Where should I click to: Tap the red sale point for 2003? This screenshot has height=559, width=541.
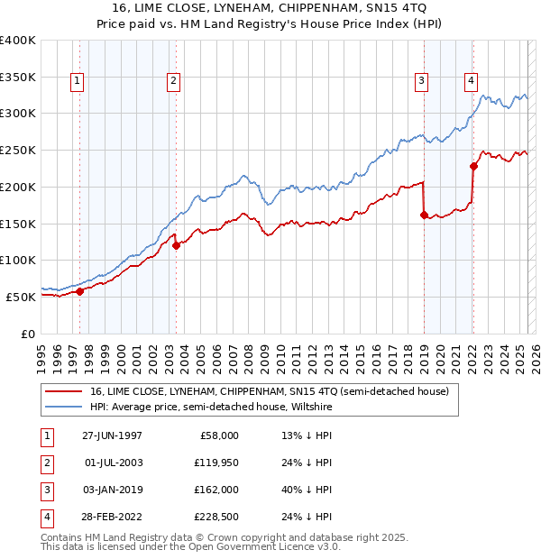pyautogui.click(x=176, y=245)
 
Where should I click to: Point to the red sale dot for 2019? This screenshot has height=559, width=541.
pyautogui.click(x=424, y=215)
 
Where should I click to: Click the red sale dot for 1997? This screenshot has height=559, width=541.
pyautogui.click(x=80, y=291)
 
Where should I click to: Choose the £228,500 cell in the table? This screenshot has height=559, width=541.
pyautogui.click(x=216, y=517)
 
